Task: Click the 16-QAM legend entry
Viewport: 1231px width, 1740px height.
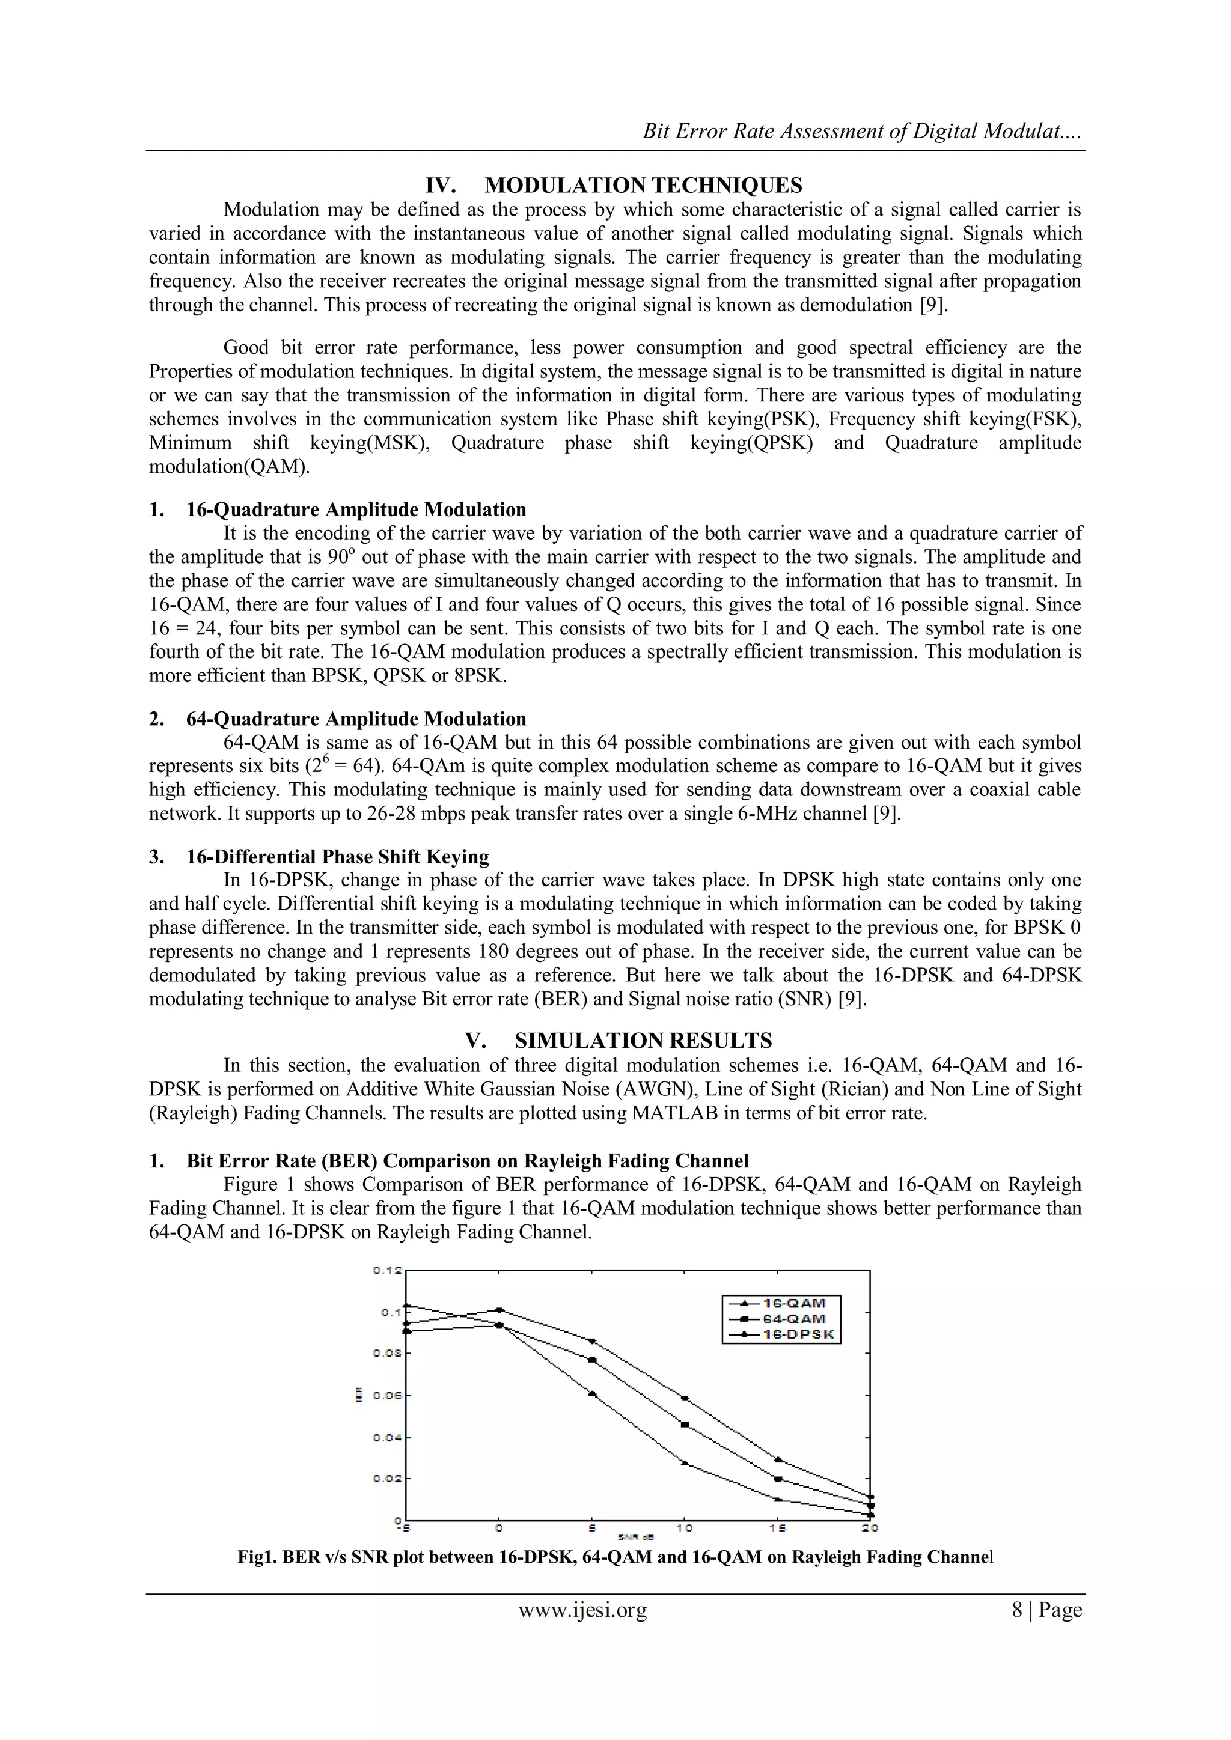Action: (x=793, y=1303)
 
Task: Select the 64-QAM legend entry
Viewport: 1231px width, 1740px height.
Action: (x=793, y=1319)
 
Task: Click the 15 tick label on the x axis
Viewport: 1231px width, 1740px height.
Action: (x=778, y=1529)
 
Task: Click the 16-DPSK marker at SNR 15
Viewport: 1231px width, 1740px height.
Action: (x=778, y=1459)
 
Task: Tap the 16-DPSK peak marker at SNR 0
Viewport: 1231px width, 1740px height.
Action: (x=499, y=1310)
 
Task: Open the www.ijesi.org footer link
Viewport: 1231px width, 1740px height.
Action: (x=582, y=1610)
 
